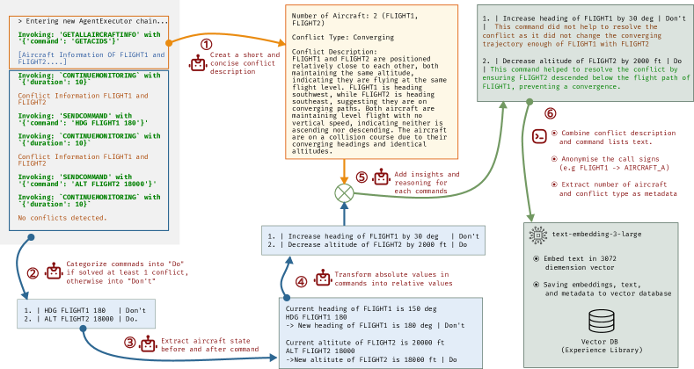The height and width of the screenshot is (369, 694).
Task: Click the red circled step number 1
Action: (x=207, y=43)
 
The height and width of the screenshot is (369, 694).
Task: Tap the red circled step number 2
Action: (x=33, y=272)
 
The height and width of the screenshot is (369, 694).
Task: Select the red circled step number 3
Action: (x=130, y=342)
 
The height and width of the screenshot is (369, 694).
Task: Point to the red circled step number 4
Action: (x=302, y=281)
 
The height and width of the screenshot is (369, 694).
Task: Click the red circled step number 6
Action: (x=551, y=113)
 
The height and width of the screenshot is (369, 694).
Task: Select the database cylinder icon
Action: (x=602, y=321)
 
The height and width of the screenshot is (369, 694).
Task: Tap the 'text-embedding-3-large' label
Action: (x=595, y=235)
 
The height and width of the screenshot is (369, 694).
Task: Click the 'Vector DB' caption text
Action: (x=602, y=341)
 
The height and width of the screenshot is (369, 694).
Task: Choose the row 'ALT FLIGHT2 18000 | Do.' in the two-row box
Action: (x=82, y=320)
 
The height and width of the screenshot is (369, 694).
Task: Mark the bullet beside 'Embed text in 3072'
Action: (x=537, y=259)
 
